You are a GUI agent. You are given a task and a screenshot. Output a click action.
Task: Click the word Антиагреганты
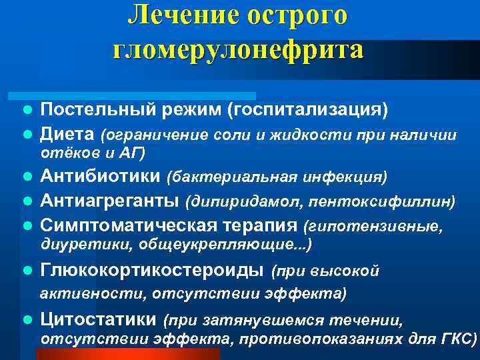click(x=109, y=201)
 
